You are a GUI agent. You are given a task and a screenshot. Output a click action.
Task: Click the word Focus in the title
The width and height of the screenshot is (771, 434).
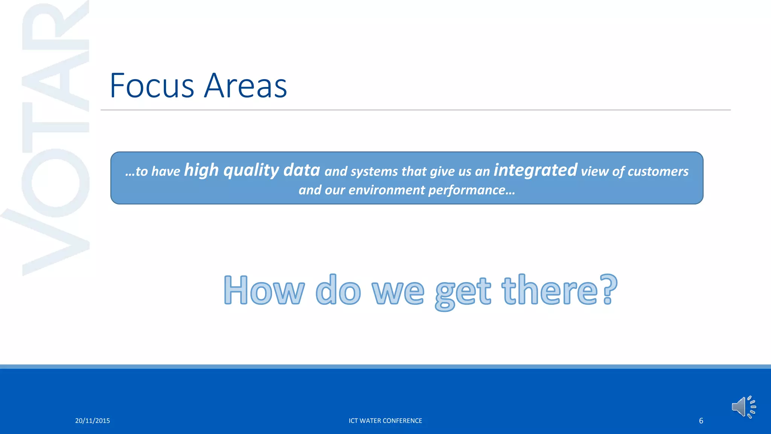[152, 86]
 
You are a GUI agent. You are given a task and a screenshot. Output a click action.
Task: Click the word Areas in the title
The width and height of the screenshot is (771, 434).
[245, 86]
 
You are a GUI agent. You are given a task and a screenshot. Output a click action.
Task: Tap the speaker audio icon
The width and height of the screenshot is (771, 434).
[743, 407]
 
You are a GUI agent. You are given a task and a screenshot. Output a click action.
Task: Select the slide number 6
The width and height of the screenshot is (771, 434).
[701, 421]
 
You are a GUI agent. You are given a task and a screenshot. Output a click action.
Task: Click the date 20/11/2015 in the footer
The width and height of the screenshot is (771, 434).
[93, 421]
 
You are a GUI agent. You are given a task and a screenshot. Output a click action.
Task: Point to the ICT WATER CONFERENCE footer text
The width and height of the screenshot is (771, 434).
[385, 421]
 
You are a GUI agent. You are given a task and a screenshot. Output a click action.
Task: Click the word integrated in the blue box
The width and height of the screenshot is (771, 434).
[535, 170]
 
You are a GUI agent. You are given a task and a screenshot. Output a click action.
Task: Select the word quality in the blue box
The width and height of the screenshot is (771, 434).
[251, 171]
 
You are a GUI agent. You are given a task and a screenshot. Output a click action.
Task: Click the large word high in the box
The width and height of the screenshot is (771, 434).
[201, 171]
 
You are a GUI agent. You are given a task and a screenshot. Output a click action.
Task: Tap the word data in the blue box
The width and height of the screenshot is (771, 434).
[302, 170]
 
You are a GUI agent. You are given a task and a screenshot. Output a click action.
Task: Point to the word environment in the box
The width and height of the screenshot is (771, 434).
[387, 190]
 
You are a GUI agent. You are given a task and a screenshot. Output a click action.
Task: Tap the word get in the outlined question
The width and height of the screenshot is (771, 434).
[463, 292]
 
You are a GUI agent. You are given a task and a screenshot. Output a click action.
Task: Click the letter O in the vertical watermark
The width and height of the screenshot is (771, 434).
[56, 183]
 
